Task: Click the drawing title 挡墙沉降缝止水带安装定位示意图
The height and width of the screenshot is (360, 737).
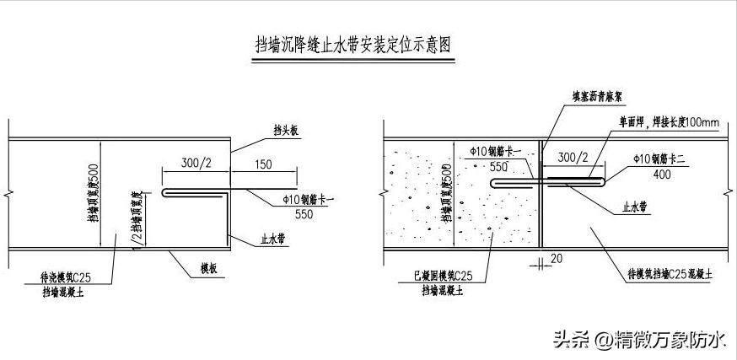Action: (x=352, y=45)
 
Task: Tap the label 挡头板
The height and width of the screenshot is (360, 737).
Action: (x=287, y=130)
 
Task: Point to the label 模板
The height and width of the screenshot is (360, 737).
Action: (x=210, y=269)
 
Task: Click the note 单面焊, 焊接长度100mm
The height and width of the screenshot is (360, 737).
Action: (x=665, y=123)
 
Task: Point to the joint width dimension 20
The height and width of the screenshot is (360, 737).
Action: (x=555, y=259)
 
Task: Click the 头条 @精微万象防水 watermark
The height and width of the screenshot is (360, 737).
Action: (x=638, y=340)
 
